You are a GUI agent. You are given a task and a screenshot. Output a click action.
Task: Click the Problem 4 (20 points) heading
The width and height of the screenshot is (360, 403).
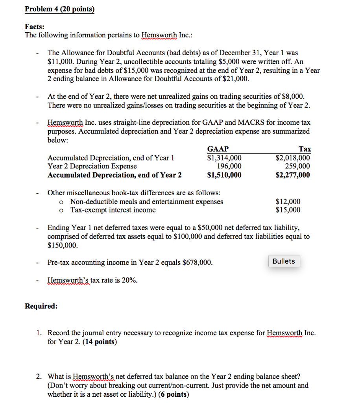tap(60, 9)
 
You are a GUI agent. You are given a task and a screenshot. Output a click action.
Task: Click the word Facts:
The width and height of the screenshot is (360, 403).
tap(35, 27)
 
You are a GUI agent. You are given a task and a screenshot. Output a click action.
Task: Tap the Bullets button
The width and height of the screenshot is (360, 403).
tap(284, 261)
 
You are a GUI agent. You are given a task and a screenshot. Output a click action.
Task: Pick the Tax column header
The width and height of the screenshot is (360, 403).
tap(305, 149)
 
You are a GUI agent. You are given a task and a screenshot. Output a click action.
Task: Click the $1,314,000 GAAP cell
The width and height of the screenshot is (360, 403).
tap(224, 158)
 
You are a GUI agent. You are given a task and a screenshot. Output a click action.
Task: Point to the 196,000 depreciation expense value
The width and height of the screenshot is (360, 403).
tap(229, 166)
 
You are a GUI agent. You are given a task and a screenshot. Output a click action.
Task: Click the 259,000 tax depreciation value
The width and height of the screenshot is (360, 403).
tap(298, 166)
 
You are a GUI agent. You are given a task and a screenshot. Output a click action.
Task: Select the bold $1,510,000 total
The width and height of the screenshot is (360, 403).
tap(224, 175)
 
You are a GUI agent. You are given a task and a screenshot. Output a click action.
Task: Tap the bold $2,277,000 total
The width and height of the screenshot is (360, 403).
tap(293, 175)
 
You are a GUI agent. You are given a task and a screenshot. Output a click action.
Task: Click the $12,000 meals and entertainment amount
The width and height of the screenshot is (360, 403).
tap(288, 201)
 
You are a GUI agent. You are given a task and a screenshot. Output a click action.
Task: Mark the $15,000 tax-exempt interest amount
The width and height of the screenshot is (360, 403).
tap(288, 210)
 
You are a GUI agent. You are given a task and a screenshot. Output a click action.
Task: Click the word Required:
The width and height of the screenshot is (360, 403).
tap(41, 306)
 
